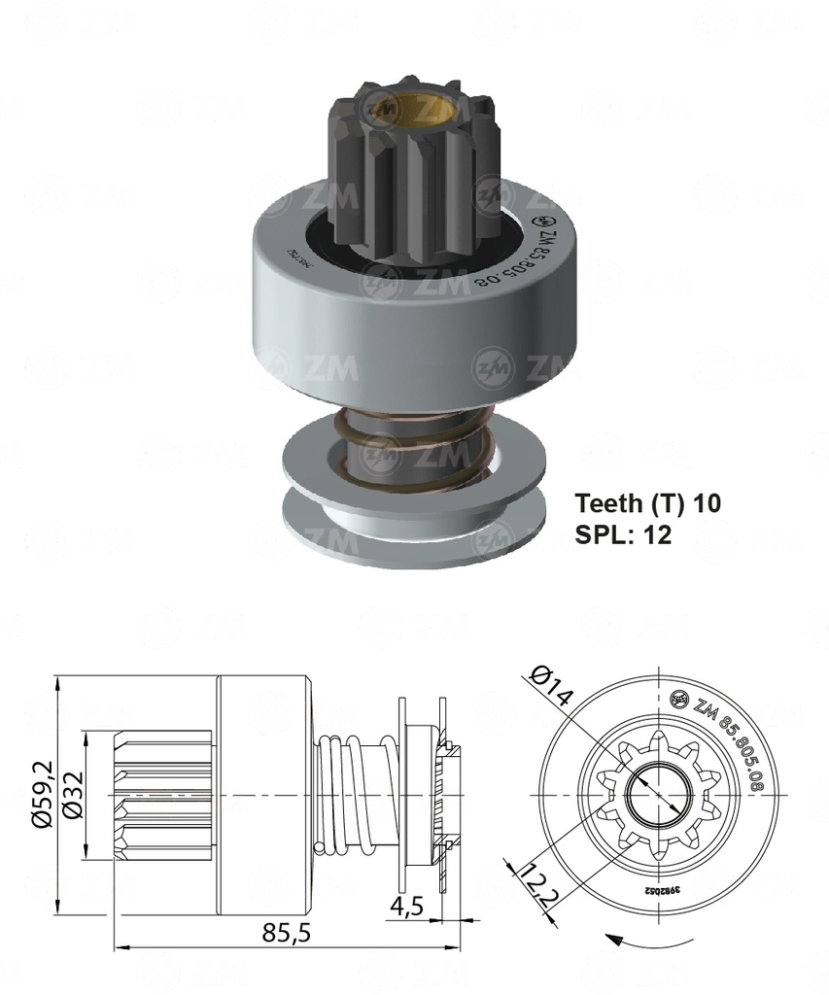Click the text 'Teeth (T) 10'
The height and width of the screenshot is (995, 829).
(x=647, y=503)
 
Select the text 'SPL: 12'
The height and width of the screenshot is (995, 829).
(x=623, y=534)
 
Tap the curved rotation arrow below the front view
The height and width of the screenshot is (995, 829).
(x=646, y=944)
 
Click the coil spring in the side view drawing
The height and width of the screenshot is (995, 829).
(x=354, y=795)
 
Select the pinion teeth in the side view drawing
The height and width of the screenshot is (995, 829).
(x=164, y=795)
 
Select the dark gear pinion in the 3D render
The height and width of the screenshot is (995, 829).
(x=413, y=175)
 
